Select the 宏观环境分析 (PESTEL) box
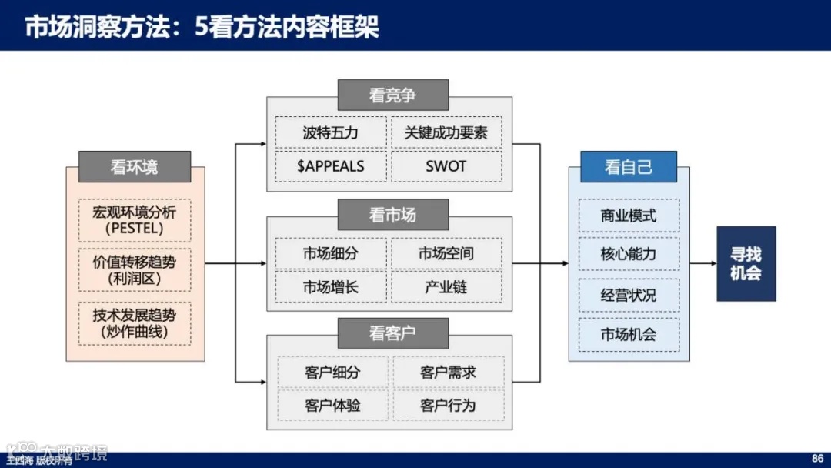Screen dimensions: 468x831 (135, 219)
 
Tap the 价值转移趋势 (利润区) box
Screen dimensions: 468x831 (135, 270)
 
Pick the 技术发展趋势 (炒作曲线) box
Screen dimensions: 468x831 (135, 323)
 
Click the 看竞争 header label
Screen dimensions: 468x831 (392, 95)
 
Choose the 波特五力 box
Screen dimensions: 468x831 (330, 132)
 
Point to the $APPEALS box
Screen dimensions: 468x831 (330, 166)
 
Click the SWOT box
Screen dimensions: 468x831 (446, 166)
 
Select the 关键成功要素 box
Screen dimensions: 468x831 (446, 132)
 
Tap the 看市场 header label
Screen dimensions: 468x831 (392, 215)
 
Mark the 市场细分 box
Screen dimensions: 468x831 (330, 253)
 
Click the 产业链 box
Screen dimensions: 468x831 (446, 288)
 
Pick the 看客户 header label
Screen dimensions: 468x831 (392, 334)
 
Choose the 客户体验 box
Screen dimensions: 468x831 (332, 406)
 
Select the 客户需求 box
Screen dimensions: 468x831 (449, 373)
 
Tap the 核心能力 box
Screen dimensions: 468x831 (629, 254)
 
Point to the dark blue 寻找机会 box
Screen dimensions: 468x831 (746, 263)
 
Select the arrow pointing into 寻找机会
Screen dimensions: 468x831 (703, 263)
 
